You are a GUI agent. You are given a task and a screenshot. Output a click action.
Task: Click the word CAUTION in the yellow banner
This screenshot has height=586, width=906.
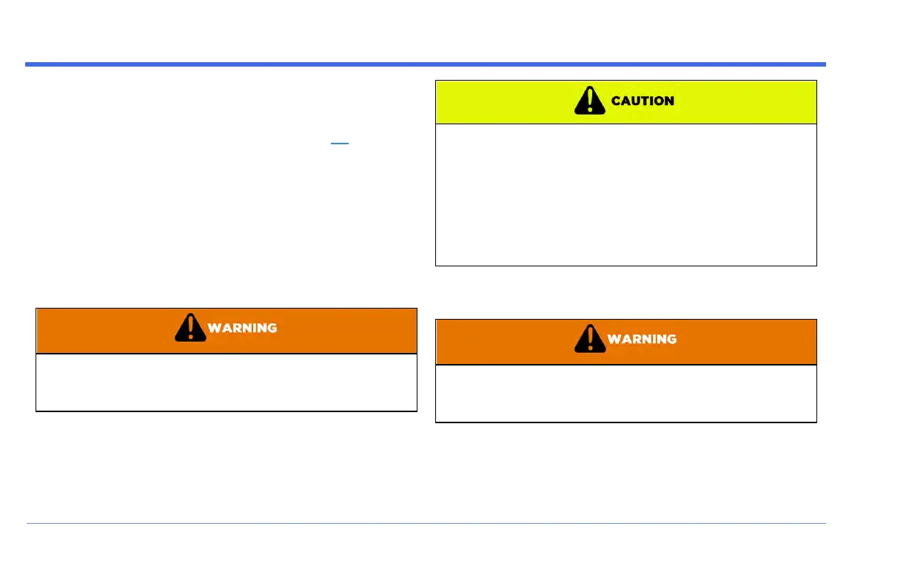(x=642, y=101)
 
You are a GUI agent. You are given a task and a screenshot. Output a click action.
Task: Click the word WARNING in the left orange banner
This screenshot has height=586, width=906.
(x=243, y=328)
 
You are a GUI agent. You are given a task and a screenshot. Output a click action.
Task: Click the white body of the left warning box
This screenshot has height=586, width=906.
(x=226, y=383)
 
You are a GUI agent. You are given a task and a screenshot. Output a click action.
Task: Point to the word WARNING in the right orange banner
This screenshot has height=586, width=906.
(x=642, y=339)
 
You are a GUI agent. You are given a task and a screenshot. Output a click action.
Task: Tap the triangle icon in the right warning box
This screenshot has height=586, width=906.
(x=590, y=339)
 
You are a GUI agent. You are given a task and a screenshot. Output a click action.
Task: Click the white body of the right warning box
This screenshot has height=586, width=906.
(x=625, y=394)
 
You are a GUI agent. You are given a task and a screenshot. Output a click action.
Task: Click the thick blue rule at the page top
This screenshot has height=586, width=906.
(x=426, y=64)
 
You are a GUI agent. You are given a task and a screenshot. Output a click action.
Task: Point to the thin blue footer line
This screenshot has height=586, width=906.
(x=426, y=524)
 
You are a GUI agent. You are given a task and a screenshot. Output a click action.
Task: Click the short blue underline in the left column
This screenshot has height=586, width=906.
(x=340, y=144)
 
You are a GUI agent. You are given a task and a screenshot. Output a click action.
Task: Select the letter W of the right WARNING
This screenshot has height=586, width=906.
(x=613, y=339)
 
